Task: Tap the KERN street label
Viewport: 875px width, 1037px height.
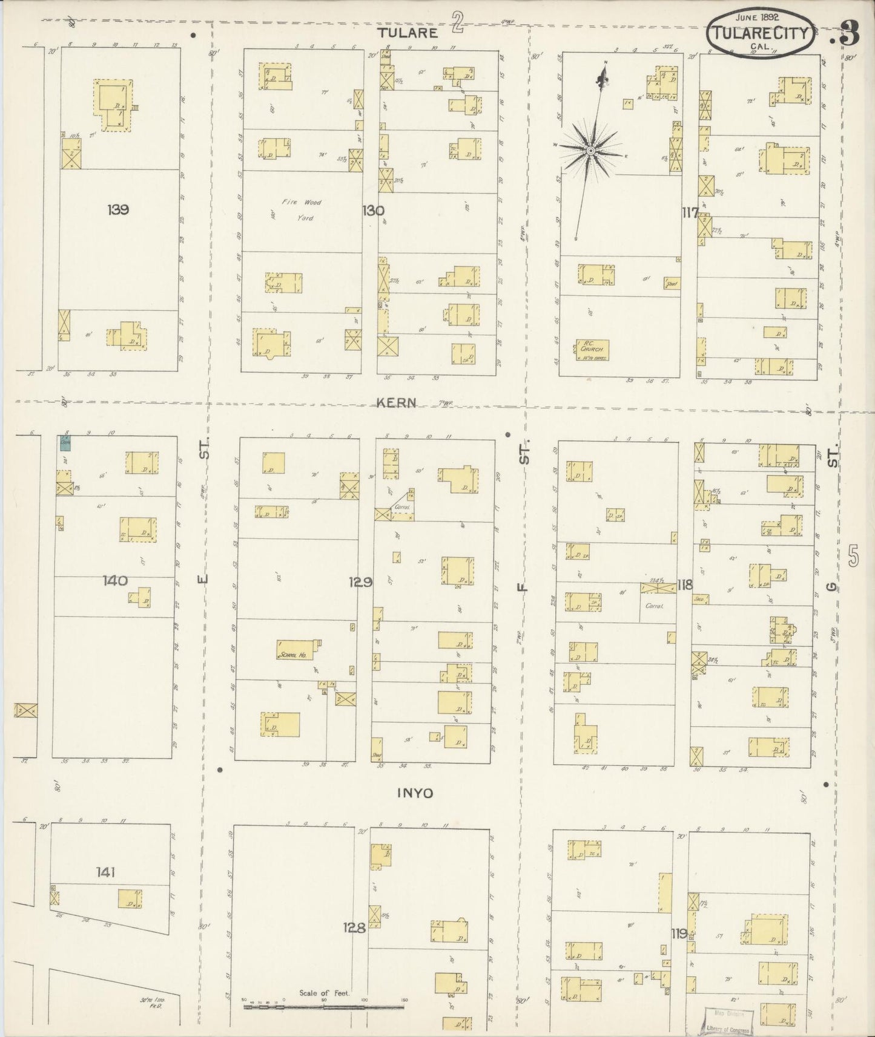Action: tap(396, 402)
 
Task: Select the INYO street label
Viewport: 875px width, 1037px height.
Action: tap(415, 793)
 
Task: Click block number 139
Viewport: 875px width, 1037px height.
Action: tap(117, 210)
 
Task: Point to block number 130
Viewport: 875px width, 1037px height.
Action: tap(373, 211)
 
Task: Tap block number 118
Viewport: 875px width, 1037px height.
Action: tap(685, 584)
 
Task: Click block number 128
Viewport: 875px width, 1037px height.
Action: tap(355, 927)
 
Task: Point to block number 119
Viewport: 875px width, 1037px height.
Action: tap(679, 934)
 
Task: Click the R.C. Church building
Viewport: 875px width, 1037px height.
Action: tap(592, 350)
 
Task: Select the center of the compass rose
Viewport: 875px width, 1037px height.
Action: tap(589, 149)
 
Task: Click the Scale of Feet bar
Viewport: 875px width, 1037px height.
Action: tap(324, 1007)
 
